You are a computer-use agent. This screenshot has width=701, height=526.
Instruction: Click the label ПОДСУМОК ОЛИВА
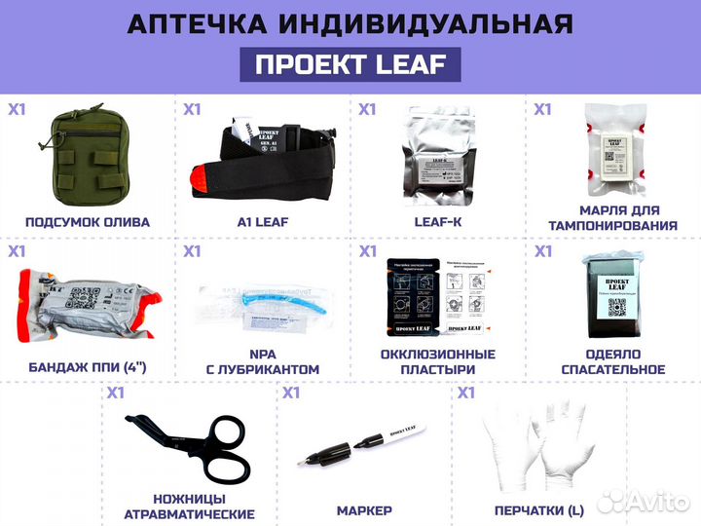88,222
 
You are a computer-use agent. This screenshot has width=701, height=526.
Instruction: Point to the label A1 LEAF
263,222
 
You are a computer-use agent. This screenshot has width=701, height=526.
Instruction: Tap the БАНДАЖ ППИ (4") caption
88,369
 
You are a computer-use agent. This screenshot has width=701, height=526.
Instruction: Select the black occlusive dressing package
415,296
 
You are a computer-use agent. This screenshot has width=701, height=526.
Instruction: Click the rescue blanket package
612,296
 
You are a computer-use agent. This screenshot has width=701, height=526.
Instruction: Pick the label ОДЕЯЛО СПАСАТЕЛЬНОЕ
613,362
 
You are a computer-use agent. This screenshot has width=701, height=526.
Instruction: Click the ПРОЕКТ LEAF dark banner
350,64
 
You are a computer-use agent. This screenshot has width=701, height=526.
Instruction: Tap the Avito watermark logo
644,502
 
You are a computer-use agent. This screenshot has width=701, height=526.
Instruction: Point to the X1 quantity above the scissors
116,394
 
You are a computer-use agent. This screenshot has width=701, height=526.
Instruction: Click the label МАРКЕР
364,510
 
